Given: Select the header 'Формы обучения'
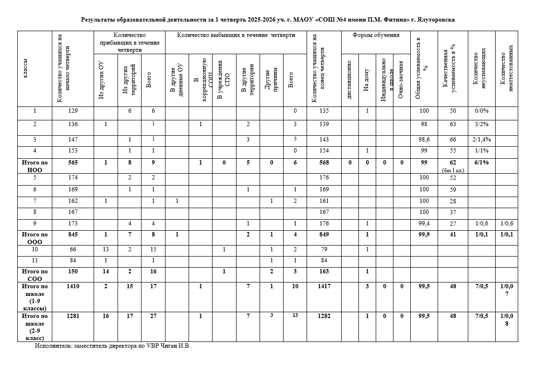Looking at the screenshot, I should pyautogui.click(x=376, y=35).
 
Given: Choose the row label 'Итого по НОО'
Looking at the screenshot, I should pyautogui.click(x=35, y=166).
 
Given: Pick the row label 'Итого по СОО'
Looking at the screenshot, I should pyautogui.click(x=35, y=275).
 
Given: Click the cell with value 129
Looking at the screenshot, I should pyautogui.click(x=72, y=111).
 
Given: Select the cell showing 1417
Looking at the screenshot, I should pyautogui.click(x=324, y=286).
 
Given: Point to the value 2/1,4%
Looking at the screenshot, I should pyautogui.click(x=481, y=140).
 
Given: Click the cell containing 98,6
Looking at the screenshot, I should pyautogui.click(x=424, y=140).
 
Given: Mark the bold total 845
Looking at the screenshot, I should pyautogui.click(x=72, y=235).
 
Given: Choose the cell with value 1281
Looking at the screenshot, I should pyautogui.click(x=72, y=316).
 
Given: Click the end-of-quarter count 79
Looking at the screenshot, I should pyautogui.click(x=324, y=249).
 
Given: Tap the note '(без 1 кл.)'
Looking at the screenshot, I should pyautogui.click(x=452, y=170).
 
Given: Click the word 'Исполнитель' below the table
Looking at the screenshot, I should pyautogui.click(x=52, y=346).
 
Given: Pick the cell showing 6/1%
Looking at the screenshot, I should pyautogui.click(x=481, y=163).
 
